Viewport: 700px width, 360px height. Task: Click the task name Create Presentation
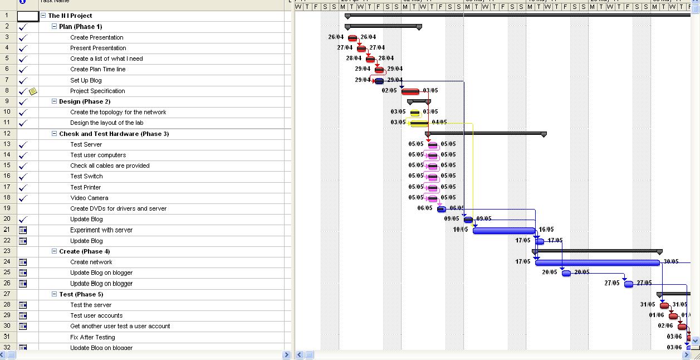point(97,37)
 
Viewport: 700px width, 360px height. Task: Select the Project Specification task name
point(97,91)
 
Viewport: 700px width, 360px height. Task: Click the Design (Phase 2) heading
point(85,101)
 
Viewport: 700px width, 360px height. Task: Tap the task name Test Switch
point(86,176)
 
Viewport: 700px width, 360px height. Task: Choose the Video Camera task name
point(89,198)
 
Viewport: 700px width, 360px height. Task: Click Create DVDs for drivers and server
point(118,208)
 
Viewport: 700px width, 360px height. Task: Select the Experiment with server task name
point(101,230)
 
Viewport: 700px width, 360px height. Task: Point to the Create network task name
point(91,262)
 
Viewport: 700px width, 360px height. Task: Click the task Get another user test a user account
point(120,326)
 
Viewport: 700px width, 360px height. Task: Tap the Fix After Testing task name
point(92,337)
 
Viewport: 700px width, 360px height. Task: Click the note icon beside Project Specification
point(33,91)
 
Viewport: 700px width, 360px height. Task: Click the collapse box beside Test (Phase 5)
point(55,294)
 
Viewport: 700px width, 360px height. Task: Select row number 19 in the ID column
point(7,208)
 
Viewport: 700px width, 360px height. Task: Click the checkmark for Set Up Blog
point(23,80)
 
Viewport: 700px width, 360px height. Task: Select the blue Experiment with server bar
point(504,230)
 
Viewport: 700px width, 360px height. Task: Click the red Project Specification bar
point(410,91)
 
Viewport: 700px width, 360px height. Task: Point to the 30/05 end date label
point(670,262)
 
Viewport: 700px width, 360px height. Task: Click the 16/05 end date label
point(546,230)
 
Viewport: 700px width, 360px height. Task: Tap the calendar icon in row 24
point(23,262)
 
